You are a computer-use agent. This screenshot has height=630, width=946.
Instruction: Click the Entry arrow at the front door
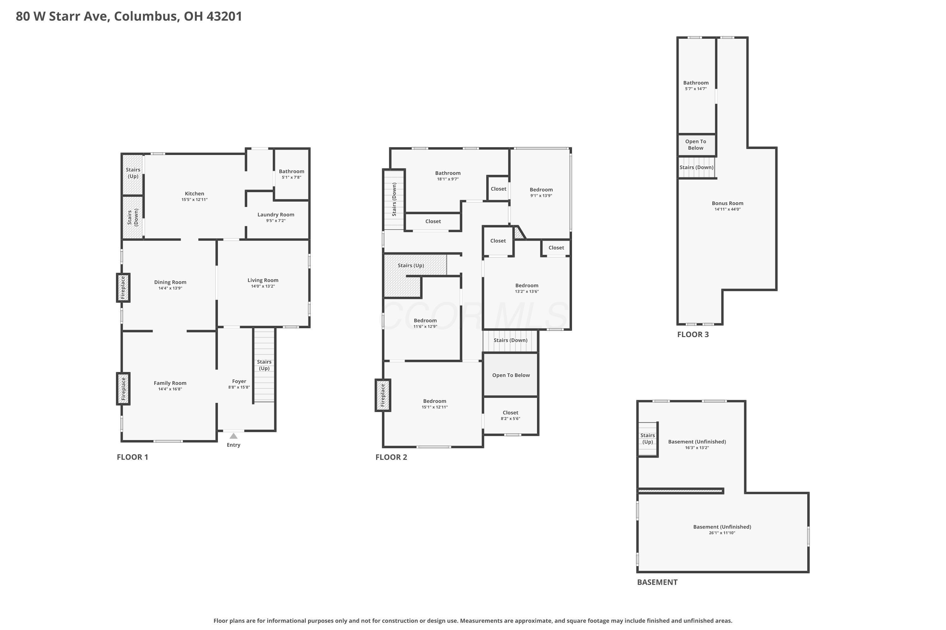tap(233, 436)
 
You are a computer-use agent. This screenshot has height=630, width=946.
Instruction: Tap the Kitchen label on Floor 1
tap(194, 194)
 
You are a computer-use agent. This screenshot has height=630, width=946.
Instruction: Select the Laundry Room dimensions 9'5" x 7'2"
tap(276, 220)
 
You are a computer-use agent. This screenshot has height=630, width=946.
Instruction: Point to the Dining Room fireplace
tap(123, 288)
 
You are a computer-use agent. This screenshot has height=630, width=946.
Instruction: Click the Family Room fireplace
tap(123, 388)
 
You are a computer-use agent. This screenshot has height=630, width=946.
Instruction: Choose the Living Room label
tap(263, 280)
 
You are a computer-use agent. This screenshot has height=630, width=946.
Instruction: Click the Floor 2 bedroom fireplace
tap(382, 395)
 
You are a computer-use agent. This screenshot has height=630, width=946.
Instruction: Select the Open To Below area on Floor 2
tap(511, 375)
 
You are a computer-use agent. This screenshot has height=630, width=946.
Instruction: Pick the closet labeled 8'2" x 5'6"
tap(511, 415)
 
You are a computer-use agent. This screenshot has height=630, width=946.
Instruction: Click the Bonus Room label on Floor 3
tap(727, 203)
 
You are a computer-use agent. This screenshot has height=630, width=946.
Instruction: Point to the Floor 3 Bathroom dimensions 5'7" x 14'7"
tap(696, 89)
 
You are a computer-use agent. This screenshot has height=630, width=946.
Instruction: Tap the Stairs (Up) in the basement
tap(648, 439)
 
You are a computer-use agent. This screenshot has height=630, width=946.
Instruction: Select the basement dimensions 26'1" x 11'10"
tap(722, 533)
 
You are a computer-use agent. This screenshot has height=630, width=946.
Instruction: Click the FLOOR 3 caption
tap(692, 334)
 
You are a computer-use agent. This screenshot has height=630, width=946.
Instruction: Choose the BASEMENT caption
tap(657, 582)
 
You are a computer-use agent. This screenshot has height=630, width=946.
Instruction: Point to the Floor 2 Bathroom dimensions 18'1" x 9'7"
tap(448, 179)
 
